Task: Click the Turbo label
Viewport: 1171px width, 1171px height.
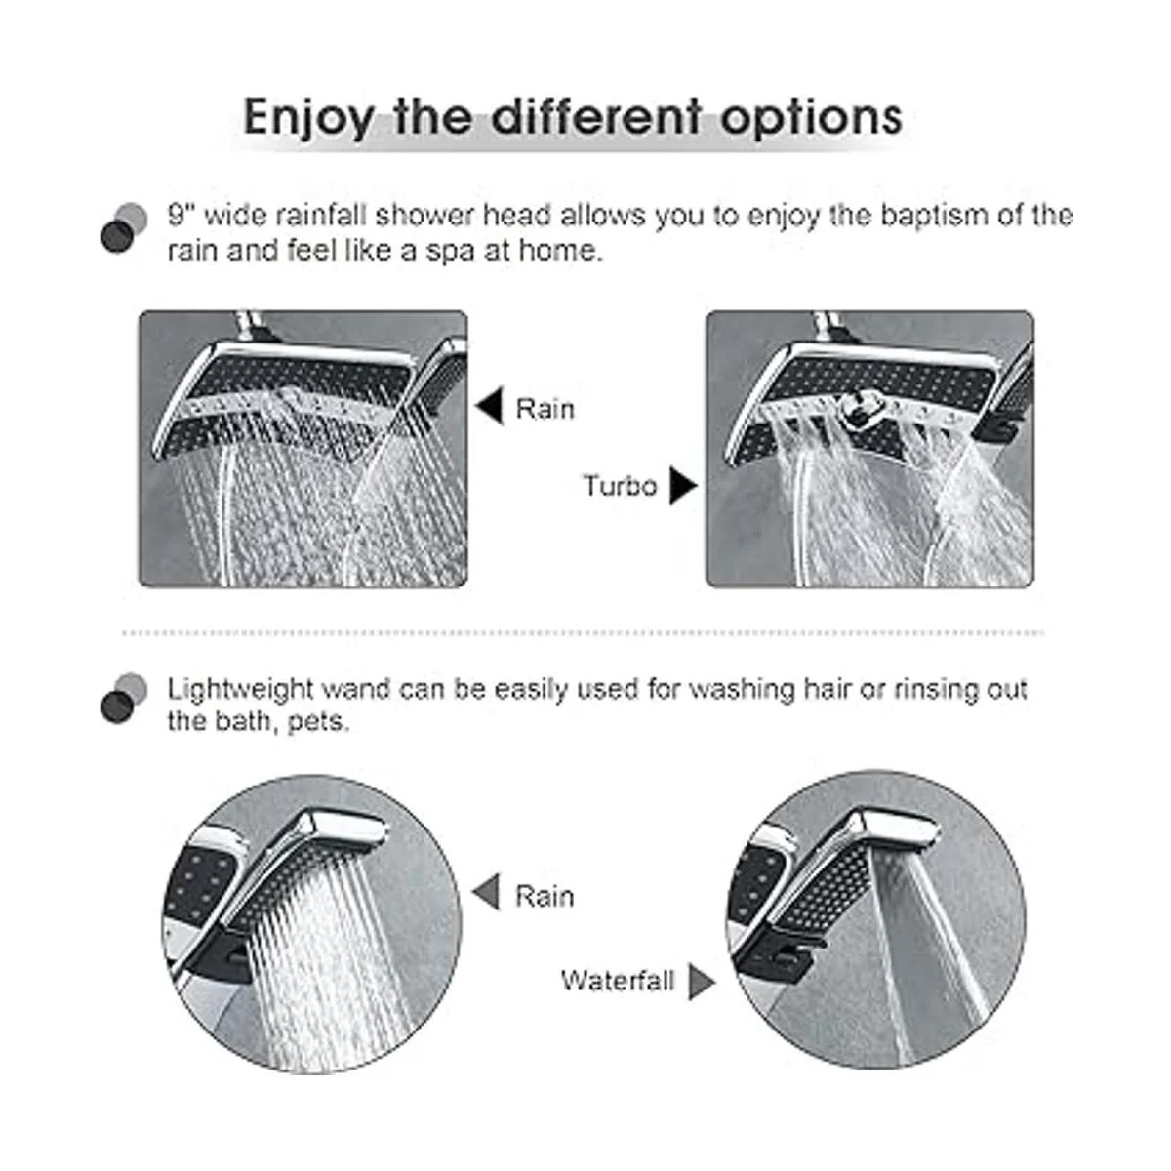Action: (620, 486)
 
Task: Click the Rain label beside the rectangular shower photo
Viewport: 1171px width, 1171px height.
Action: (545, 409)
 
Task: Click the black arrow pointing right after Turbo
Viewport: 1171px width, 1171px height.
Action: (683, 485)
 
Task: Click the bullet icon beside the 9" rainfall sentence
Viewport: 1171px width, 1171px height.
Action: (124, 228)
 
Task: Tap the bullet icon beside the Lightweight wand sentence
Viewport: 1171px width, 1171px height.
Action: (124, 699)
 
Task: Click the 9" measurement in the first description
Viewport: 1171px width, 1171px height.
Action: (177, 216)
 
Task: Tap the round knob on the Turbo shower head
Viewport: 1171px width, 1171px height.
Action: (862, 402)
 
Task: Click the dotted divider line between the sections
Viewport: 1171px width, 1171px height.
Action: (584, 633)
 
